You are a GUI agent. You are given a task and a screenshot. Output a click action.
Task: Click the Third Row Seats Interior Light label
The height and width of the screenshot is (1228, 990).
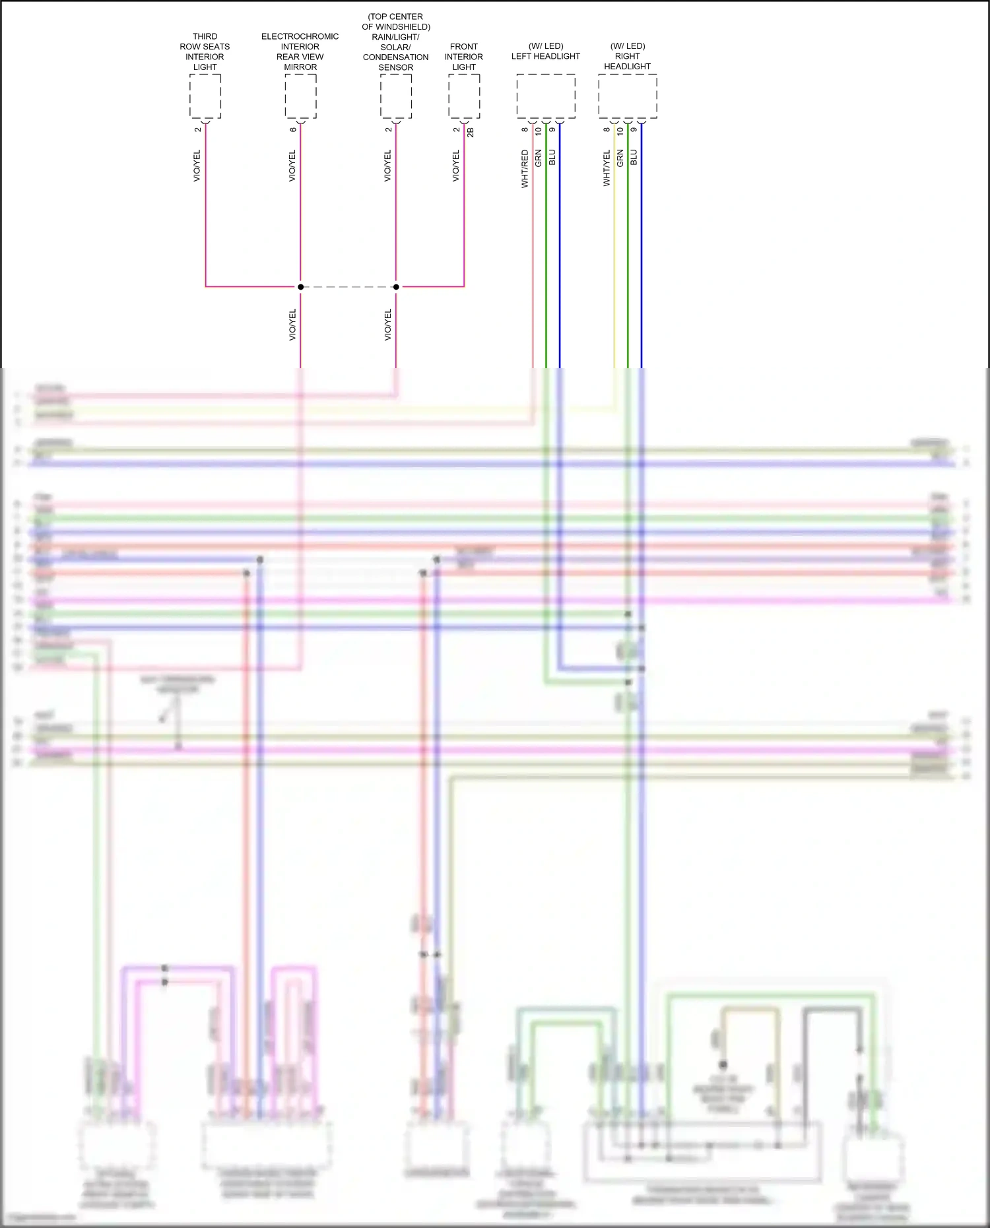click(x=205, y=51)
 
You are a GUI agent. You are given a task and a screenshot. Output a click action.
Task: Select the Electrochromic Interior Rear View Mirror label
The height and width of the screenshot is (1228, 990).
click(x=300, y=51)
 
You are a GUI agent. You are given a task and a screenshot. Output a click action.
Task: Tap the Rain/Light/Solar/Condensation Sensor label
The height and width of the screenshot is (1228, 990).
click(x=396, y=42)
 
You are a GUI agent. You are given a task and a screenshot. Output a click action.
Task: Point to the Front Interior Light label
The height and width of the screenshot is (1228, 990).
click(x=464, y=57)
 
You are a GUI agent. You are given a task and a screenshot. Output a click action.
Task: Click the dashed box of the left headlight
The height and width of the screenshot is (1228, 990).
click(x=546, y=96)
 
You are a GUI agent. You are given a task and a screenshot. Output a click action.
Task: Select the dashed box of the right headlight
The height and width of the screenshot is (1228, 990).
click(x=628, y=96)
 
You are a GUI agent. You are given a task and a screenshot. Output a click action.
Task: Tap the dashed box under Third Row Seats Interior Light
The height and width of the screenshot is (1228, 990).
click(x=205, y=96)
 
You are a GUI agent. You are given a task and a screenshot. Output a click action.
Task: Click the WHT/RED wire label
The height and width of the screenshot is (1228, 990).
click(x=525, y=169)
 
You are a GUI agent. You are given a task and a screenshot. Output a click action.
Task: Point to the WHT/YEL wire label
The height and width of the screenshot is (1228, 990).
click(x=607, y=168)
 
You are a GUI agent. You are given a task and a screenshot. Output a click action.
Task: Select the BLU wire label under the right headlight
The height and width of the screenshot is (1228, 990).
click(x=634, y=157)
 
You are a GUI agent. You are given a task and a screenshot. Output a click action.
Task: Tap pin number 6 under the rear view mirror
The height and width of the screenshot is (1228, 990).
click(x=293, y=129)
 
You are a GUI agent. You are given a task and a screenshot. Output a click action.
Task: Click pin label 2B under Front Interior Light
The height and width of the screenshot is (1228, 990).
click(x=471, y=132)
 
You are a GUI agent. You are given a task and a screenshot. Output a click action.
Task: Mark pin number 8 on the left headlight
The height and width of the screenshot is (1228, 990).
click(x=525, y=129)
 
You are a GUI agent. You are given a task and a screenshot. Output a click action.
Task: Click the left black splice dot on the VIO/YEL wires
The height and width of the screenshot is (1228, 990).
click(x=300, y=287)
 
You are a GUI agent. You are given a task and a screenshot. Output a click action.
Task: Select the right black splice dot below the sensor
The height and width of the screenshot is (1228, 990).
click(x=396, y=287)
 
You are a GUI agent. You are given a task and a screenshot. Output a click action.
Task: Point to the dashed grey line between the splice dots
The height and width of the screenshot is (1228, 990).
click(x=348, y=287)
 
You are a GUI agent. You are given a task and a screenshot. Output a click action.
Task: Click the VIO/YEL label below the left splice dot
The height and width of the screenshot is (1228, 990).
click(x=293, y=325)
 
